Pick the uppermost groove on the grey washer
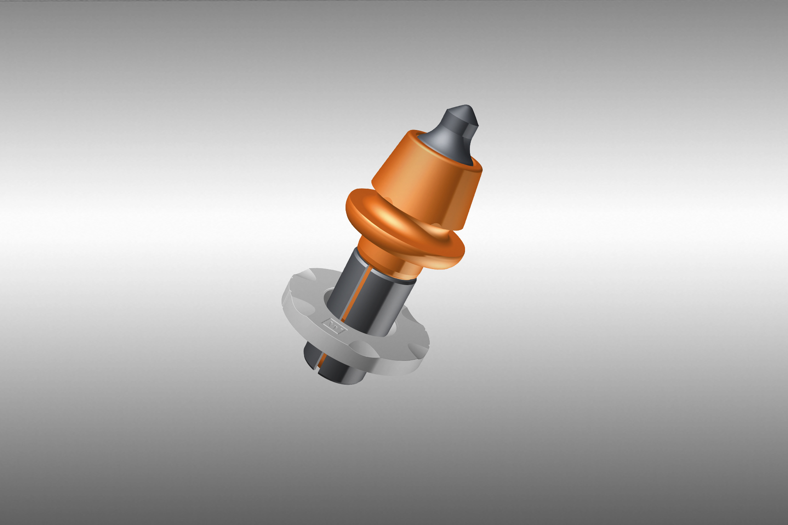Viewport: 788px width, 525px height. [306, 274]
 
